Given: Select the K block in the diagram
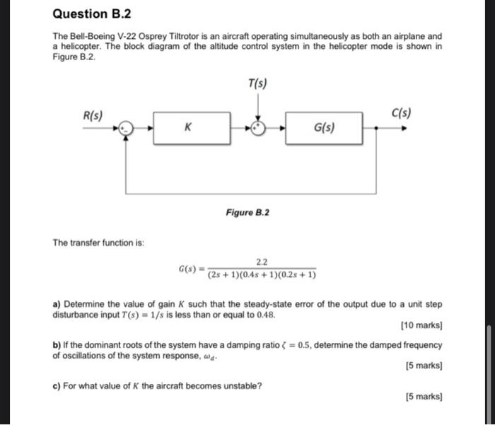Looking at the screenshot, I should tap(187, 129).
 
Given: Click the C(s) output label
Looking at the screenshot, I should tap(400, 113).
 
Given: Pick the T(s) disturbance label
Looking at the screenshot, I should tap(257, 86).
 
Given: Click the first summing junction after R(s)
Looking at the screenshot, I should tap(126, 129).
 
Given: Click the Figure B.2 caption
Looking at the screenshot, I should tap(248, 213).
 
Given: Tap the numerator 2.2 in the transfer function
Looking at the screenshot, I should tap(262, 261).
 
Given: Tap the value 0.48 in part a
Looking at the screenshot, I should tap(264, 315).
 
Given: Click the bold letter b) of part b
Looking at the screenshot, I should tap(57, 345).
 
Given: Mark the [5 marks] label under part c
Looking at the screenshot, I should tap(424, 397).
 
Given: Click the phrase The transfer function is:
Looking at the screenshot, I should tap(98, 243).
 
